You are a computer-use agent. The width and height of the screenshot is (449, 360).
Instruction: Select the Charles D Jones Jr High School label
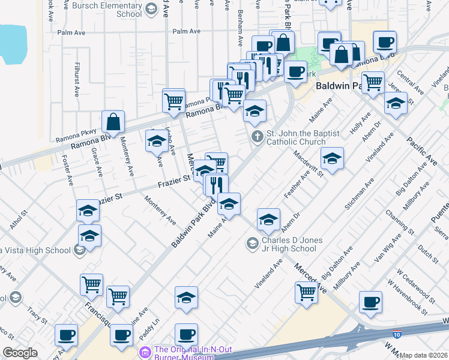[289, 244]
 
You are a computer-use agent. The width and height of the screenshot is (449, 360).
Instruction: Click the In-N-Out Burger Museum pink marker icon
[144, 351]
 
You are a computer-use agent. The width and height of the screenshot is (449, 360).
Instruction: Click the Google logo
[20, 353]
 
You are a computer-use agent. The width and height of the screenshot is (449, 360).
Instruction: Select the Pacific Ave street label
[422, 151]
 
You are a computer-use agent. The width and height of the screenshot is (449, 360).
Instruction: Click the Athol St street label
[19, 218]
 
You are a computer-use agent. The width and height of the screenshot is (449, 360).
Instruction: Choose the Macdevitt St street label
[309, 163]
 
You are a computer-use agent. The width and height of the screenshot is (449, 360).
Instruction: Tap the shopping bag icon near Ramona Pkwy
[113, 123]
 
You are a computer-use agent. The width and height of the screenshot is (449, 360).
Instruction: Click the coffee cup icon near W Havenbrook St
[370, 303]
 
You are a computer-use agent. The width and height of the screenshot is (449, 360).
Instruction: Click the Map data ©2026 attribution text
[424, 355]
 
